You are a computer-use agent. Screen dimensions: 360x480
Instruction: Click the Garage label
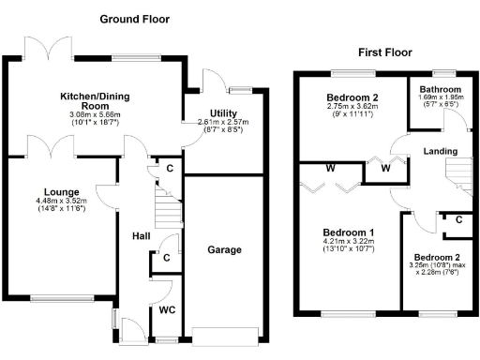223,250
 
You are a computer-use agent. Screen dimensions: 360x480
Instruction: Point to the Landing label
441,151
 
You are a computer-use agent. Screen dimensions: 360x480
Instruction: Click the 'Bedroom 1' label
349,232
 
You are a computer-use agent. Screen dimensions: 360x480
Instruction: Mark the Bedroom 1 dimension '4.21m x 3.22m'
349,243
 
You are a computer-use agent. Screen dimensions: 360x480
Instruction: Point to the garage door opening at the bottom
223,329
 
